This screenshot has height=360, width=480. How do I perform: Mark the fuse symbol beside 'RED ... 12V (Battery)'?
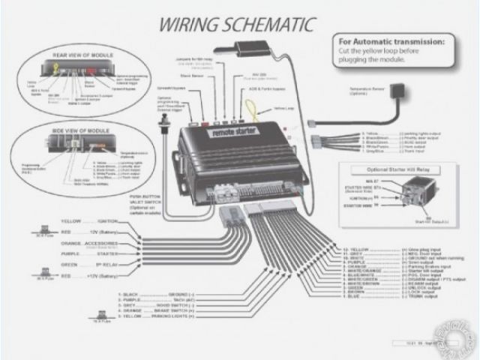(43, 232)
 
